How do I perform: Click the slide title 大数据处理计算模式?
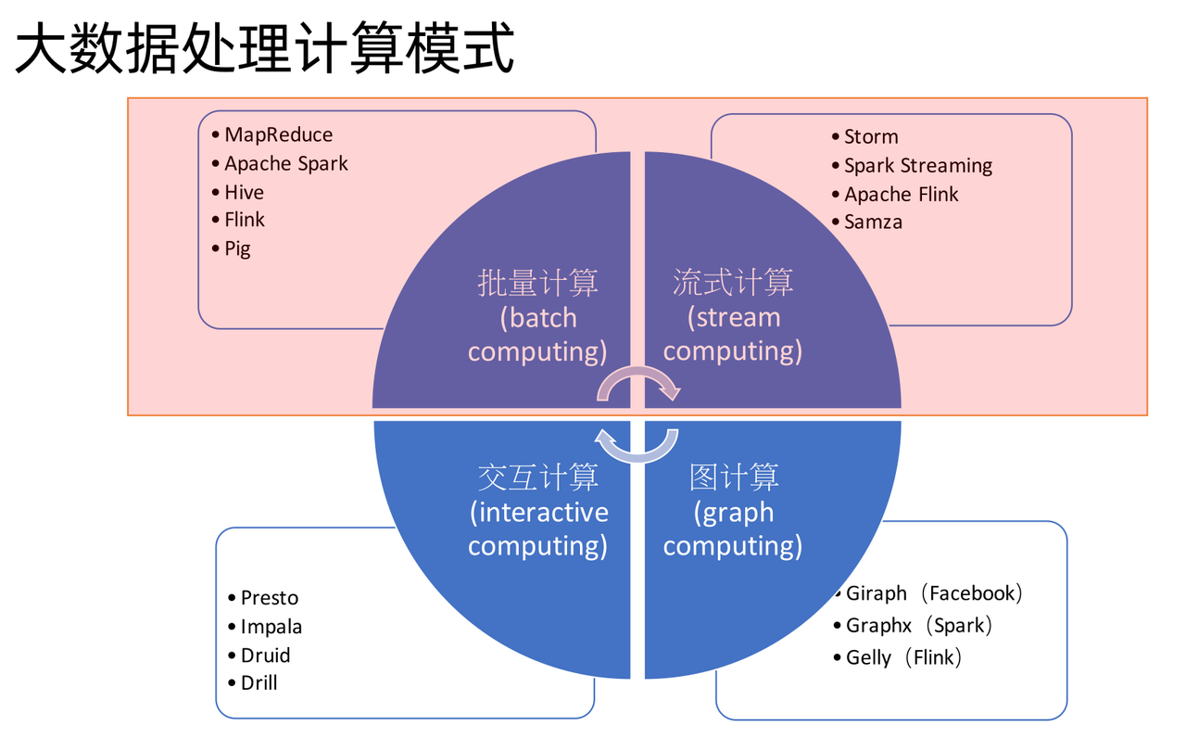tap(265, 47)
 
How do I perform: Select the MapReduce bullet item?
tap(278, 135)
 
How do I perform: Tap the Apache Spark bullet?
tap(285, 164)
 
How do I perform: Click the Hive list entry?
tap(244, 193)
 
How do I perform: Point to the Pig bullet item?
tap(237, 248)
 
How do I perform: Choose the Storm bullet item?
tap(871, 137)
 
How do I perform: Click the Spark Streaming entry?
tap(917, 166)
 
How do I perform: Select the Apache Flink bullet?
tap(901, 195)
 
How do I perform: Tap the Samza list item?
tap(873, 223)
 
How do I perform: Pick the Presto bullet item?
tap(269, 598)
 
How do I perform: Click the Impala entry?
tap(271, 627)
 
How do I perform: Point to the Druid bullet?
tap(265, 656)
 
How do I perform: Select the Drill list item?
tap(259, 683)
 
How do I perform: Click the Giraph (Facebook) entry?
tap(934, 593)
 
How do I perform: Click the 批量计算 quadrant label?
tap(537, 283)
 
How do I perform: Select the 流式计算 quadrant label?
tap(733, 283)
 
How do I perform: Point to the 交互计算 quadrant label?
tap(537, 477)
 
